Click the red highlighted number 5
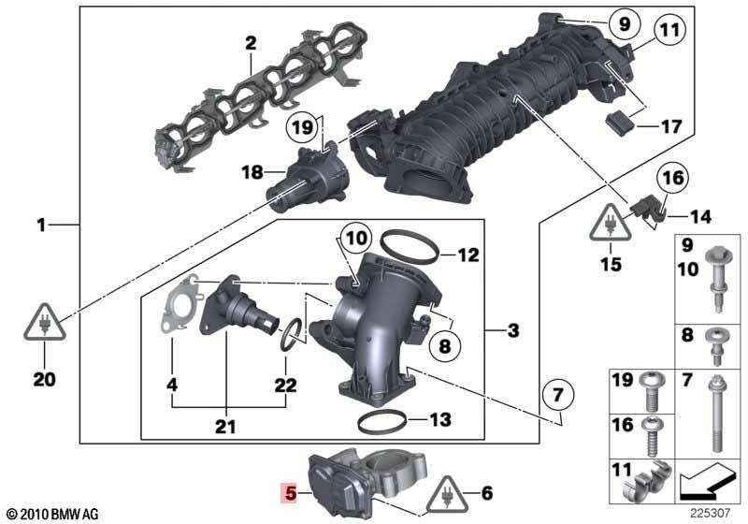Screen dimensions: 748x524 290,493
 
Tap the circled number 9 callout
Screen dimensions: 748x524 625,23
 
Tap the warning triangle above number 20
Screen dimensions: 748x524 44,323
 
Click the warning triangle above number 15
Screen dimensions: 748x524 611,223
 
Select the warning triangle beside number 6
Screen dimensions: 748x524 448,494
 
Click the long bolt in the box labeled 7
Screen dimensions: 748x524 716,414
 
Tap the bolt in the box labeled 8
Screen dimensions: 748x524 715,346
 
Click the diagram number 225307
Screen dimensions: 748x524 710,513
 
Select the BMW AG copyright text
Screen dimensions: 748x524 53,514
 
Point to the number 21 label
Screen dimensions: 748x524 225,426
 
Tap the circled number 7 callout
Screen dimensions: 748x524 558,395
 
